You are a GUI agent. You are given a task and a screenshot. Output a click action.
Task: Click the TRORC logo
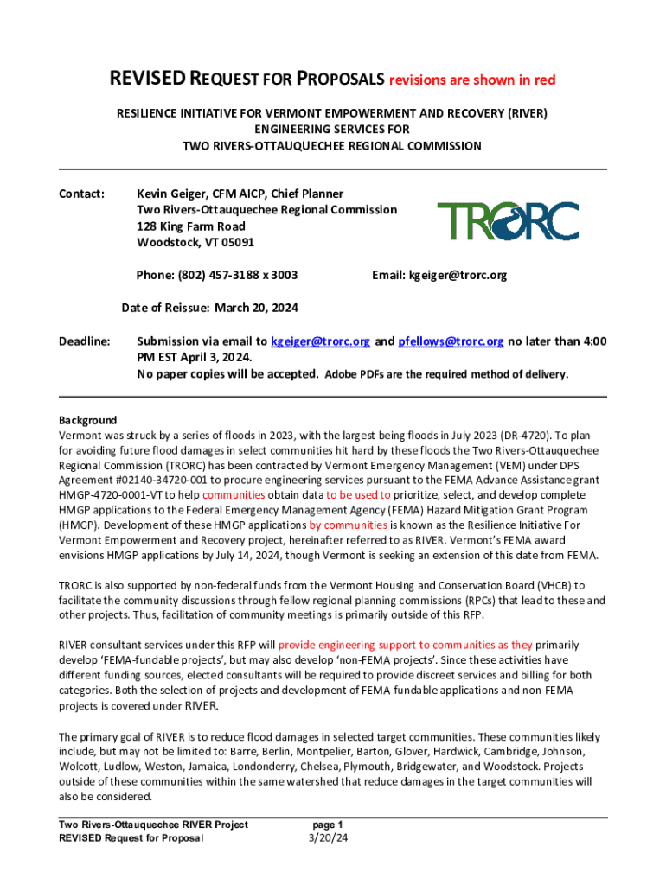pyautogui.click(x=508, y=220)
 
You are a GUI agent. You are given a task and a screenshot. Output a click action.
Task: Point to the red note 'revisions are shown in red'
pyautogui.click(x=472, y=80)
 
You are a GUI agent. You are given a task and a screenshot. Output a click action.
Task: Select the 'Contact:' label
pyautogui.click(x=81, y=194)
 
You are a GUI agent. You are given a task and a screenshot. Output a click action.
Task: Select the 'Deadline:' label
pyautogui.click(x=84, y=341)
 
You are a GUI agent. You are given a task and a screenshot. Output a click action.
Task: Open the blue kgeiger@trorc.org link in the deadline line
pyautogui.click(x=321, y=341)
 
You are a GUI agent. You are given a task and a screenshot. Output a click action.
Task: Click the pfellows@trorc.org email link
pyautogui.click(x=451, y=341)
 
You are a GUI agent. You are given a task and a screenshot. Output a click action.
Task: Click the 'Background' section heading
pyautogui.click(x=87, y=420)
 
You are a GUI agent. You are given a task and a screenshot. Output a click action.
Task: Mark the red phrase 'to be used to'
pyautogui.click(x=358, y=495)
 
